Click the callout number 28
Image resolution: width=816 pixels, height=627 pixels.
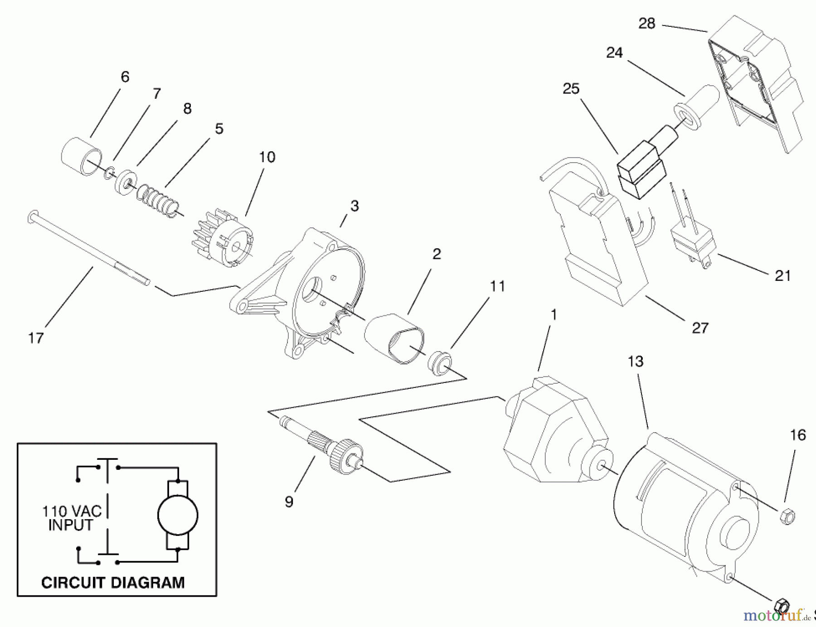coord(646,24)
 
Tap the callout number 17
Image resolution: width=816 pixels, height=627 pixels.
coord(36,338)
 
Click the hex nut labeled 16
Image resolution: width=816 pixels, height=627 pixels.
coord(787,516)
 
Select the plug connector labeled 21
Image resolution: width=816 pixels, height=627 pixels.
coord(691,245)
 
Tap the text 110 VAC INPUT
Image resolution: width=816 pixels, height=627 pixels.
coord(72,518)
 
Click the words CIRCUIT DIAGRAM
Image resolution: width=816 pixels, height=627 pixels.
coord(113,582)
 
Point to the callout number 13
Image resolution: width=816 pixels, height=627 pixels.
coord(636,362)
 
